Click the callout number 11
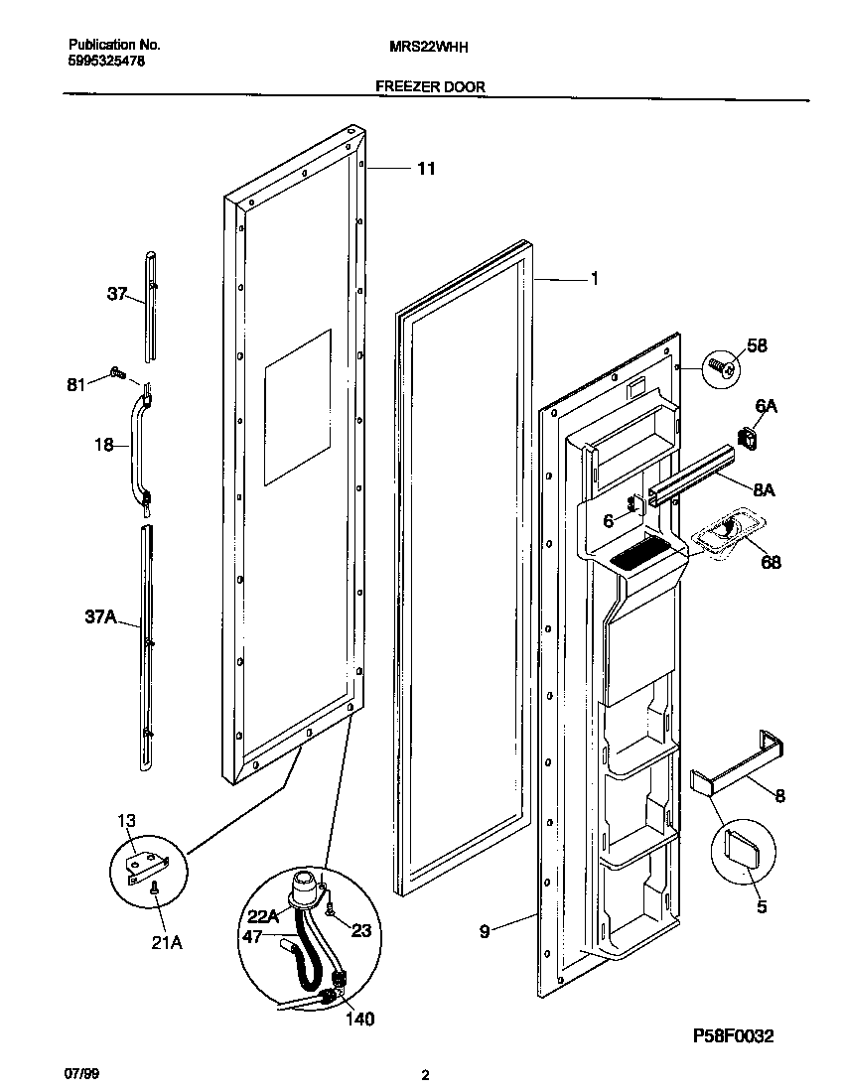(x=425, y=169)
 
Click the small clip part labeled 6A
(x=748, y=435)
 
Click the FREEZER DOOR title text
(x=430, y=87)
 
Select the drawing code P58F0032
(x=733, y=1036)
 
